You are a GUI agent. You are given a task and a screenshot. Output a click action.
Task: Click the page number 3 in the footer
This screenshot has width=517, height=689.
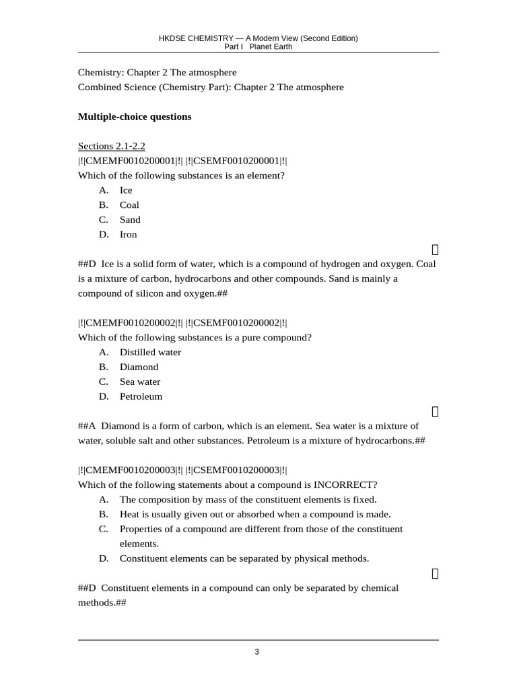256,651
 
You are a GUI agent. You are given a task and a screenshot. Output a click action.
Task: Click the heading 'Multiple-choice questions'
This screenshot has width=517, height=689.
135,116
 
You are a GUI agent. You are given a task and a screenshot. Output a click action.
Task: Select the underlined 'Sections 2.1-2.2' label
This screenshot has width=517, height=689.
112,146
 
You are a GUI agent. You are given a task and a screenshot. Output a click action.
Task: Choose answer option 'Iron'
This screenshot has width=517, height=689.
128,234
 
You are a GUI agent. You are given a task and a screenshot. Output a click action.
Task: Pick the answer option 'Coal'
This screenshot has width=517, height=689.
129,205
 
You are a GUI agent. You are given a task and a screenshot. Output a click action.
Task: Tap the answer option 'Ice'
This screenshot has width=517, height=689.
126,190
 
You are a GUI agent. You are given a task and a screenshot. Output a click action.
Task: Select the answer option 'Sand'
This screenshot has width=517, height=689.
130,219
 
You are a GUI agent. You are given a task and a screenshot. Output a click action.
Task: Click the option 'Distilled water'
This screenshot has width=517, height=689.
150,352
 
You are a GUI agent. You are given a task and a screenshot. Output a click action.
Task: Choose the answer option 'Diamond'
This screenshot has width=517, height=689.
139,367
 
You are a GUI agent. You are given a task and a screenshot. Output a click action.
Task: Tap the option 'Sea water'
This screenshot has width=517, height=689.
140,382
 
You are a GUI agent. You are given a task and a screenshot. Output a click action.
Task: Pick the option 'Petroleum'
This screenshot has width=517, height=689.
141,396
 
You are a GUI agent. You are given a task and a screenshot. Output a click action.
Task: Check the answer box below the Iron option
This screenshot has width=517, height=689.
435,249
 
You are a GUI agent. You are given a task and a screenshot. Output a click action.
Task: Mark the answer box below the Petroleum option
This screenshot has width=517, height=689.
435,411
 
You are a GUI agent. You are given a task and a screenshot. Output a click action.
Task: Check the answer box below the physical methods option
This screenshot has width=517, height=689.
435,573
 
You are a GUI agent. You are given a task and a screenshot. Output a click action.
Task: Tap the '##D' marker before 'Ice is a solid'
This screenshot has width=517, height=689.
88,264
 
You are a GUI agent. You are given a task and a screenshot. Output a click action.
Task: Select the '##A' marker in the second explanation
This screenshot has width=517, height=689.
88,426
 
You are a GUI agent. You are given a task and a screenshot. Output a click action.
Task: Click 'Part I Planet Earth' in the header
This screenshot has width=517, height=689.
258,47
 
